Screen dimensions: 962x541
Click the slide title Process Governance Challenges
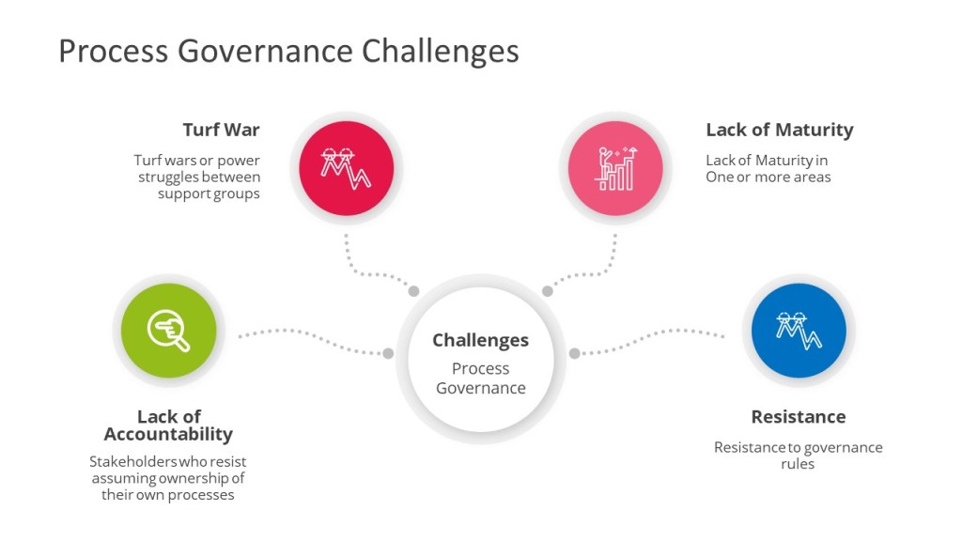pyautogui.click(x=289, y=52)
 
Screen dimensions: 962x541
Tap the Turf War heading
pyautogui.click(x=221, y=130)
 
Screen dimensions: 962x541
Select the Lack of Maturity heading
pyautogui.click(x=779, y=131)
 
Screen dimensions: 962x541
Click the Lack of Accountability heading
pyautogui.click(x=168, y=425)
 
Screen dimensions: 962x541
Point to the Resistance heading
pyautogui.click(x=799, y=417)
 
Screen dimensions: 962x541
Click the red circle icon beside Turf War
pyautogui.click(x=347, y=168)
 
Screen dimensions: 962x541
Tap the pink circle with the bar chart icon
pyautogui.click(x=615, y=168)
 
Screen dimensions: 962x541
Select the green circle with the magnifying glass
pyautogui.click(x=169, y=330)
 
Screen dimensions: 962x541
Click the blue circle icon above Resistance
pyautogui.click(x=799, y=330)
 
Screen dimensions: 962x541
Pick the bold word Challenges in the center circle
pyautogui.click(x=480, y=340)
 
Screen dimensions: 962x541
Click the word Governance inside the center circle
pyautogui.click(x=480, y=388)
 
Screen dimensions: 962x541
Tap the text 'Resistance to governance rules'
pyautogui.click(x=799, y=456)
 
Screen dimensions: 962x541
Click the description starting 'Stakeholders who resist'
pyautogui.click(x=167, y=478)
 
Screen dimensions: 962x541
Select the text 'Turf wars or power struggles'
pyautogui.click(x=197, y=169)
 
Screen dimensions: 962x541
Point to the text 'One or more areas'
pyautogui.click(x=768, y=178)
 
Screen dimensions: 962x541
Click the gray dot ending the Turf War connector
pyautogui.click(x=414, y=291)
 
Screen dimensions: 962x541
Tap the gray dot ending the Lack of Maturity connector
pyautogui.click(x=548, y=291)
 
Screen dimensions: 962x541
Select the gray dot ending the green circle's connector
pyautogui.click(x=388, y=353)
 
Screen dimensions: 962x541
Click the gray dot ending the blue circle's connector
pyautogui.click(x=574, y=353)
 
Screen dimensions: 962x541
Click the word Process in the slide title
pyautogui.click(x=114, y=52)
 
